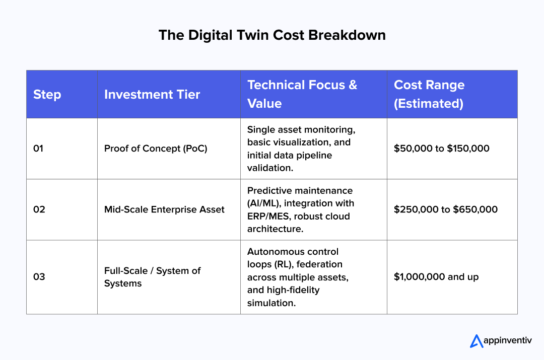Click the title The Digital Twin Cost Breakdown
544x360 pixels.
coord(272,35)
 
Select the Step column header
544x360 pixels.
coord(47,95)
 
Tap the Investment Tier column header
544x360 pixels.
coord(152,95)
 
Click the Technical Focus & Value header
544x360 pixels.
coord(302,94)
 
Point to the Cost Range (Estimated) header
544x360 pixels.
coord(429,94)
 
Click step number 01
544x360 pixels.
coord(39,149)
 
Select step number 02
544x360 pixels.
coord(39,209)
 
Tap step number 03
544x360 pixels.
coord(39,277)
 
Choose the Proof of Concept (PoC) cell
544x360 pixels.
coord(156,149)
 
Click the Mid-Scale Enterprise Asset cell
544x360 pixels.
coord(164,209)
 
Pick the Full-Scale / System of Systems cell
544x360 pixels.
coord(152,277)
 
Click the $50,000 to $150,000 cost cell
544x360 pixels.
coord(441,149)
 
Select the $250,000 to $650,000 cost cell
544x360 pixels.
coord(445,209)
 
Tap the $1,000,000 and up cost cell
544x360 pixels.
coord(436,277)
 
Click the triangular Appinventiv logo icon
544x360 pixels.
coord(476,341)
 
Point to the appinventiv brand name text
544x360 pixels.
coord(508,341)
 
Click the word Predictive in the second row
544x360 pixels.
coord(268,191)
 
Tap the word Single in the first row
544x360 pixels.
coord(259,129)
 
